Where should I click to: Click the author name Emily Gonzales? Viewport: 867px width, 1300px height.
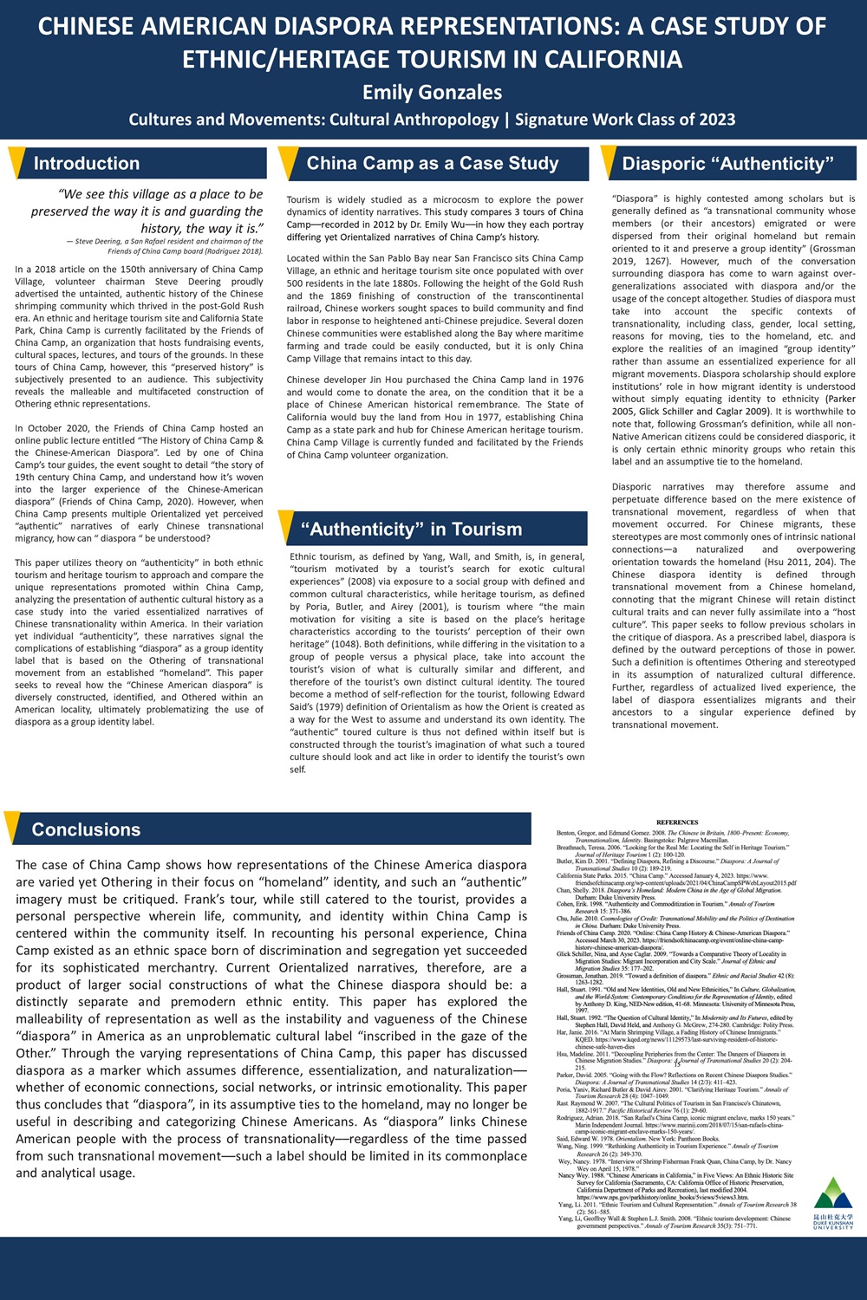(432, 92)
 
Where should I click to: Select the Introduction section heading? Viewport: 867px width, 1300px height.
(87, 163)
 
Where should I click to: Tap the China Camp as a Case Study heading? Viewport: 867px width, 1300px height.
(432, 163)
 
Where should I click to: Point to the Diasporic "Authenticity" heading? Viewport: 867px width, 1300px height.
(727, 164)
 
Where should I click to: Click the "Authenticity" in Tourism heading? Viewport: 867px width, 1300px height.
(411, 529)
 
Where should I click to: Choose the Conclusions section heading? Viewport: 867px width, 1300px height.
(86, 829)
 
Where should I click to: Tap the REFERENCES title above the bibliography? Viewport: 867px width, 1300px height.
(677, 822)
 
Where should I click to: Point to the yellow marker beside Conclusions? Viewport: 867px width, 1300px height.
(11, 828)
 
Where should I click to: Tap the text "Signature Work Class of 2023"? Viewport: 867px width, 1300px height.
(625, 120)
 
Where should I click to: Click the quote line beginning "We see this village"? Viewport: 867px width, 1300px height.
(160, 194)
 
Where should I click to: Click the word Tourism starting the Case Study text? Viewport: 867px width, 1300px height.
(303, 199)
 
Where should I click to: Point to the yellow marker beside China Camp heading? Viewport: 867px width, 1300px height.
(288, 162)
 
